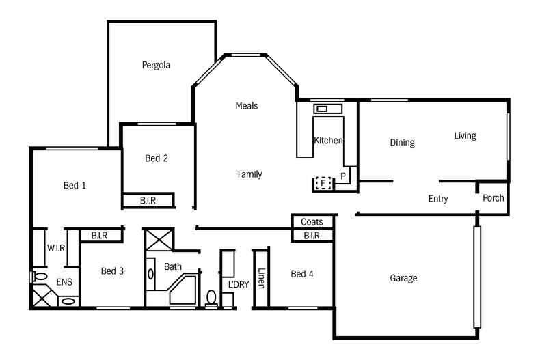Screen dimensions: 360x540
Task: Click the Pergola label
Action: pos(156,66)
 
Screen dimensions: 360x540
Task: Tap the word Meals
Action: pos(246,106)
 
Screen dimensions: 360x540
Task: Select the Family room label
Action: pos(249,174)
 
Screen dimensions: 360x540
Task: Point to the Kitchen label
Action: pos(327,141)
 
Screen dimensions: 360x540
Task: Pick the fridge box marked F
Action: pos(324,183)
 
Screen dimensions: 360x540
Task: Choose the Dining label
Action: pos(402,143)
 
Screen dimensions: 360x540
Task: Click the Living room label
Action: pos(465,136)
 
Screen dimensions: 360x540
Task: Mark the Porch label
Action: pos(493,198)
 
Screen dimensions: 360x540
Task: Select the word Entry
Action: pos(438,199)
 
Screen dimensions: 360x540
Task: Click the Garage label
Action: pos(403,278)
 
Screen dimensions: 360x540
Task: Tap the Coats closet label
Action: pos(312,222)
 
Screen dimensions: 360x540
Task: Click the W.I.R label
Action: pos(55,248)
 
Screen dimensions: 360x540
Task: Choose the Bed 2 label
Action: pos(157,158)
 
